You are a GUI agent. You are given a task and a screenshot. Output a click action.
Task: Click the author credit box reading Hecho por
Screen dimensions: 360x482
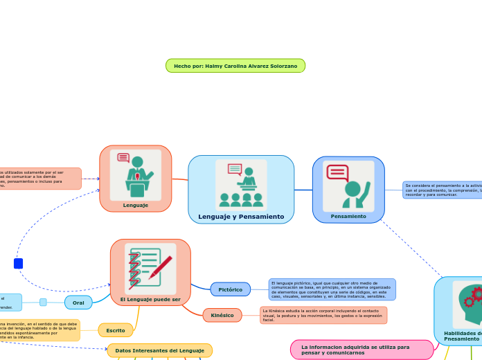pyautogui.click(x=235, y=66)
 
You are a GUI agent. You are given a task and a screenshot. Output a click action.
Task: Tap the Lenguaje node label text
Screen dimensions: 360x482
pyautogui.click(x=136, y=205)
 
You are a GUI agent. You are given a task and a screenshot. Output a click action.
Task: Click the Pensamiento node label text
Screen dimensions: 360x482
pyautogui.click(x=348, y=216)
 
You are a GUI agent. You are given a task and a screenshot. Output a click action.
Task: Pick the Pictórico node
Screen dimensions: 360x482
pyautogui.click(x=230, y=289)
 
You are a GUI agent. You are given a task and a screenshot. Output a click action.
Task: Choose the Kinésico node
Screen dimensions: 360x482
pyautogui.click(x=222, y=315)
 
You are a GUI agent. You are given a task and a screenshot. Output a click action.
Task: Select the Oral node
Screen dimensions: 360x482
pyautogui.click(x=78, y=303)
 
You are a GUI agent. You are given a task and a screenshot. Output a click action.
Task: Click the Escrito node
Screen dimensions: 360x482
pyautogui.click(x=116, y=330)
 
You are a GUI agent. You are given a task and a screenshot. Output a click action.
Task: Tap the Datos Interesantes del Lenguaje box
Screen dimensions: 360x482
pyautogui.click(x=159, y=350)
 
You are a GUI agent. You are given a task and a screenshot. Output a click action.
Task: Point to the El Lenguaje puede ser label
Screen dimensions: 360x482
pyautogui.click(x=150, y=299)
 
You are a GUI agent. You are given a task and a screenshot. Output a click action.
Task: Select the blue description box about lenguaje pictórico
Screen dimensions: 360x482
pyautogui.click(x=332, y=289)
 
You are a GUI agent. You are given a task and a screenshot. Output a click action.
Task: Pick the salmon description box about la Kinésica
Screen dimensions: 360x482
pyautogui.click(x=323, y=315)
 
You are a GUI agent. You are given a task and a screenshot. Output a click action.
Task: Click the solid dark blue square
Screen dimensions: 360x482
pyautogui.click(x=18, y=264)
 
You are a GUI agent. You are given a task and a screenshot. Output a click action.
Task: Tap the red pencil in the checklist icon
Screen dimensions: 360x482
pyautogui.click(x=161, y=267)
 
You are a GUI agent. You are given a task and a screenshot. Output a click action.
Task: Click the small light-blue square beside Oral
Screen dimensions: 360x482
pyautogui.click(x=43, y=302)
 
